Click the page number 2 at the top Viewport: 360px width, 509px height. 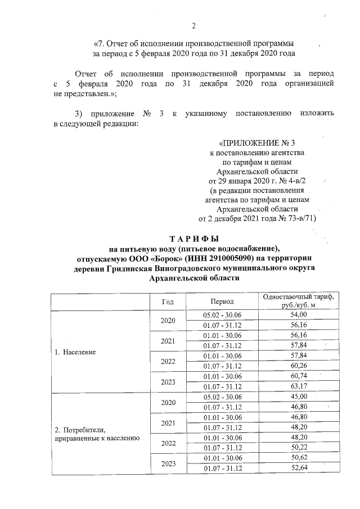(x=193, y=25)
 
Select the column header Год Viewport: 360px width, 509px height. (x=168, y=301)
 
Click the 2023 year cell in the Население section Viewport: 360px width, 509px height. (x=168, y=381)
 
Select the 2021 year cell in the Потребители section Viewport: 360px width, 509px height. (x=168, y=422)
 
